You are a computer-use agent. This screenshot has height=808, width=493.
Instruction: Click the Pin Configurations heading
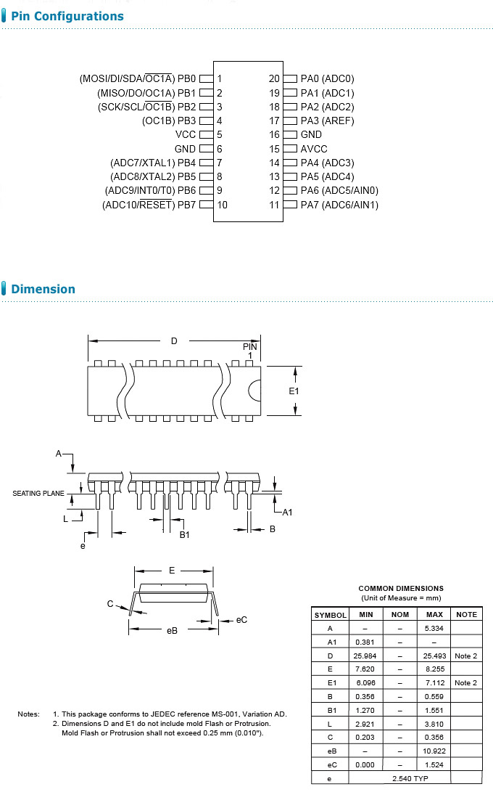click(x=67, y=16)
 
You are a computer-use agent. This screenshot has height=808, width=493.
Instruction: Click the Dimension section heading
click(x=43, y=289)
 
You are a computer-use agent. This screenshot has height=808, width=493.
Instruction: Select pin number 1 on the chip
click(x=219, y=78)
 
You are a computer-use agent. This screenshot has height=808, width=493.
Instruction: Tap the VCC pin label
click(x=186, y=134)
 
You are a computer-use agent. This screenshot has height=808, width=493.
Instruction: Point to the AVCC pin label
click(x=314, y=149)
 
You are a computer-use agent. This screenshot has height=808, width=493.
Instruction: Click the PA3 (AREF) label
click(x=328, y=121)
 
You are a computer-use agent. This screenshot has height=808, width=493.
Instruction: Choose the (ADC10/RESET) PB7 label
click(x=149, y=205)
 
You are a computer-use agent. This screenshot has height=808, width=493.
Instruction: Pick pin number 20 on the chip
click(x=273, y=78)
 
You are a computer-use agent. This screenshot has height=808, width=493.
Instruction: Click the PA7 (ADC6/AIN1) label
click(x=339, y=205)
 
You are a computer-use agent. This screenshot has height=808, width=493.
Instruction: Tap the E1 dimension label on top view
click(x=294, y=391)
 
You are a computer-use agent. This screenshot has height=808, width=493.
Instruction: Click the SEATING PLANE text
click(x=38, y=494)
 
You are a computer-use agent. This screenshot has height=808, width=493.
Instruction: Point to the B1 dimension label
click(x=184, y=534)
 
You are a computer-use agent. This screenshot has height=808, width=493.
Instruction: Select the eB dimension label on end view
click(x=172, y=630)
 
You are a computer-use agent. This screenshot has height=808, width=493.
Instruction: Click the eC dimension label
click(x=242, y=619)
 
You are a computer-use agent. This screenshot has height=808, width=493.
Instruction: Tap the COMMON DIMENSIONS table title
click(x=401, y=588)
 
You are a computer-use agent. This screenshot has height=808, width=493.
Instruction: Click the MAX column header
click(x=434, y=614)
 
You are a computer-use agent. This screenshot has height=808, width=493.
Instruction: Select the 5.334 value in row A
click(x=434, y=628)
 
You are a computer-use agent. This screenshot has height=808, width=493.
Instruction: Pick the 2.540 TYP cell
click(x=410, y=778)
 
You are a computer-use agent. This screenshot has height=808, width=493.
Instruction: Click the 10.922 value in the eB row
click(x=434, y=751)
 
